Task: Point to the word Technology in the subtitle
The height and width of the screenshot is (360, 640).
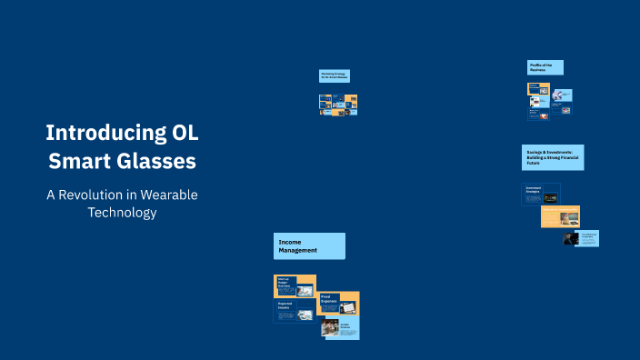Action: point(122,213)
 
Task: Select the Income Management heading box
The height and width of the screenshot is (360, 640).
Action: point(309,245)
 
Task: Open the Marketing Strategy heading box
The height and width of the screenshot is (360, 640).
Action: point(335,76)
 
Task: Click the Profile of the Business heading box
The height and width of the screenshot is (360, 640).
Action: point(545,67)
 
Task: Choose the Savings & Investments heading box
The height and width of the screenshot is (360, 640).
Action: point(552,156)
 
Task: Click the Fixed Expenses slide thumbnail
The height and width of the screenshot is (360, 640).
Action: point(338,303)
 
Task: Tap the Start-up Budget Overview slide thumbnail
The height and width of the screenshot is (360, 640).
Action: point(295,285)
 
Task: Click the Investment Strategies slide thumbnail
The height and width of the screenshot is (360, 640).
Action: point(541,194)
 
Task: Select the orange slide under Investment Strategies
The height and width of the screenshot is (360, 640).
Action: point(560,215)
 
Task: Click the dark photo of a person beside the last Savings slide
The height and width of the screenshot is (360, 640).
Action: point(571,238)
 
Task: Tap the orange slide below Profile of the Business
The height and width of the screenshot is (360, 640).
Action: point(538,90)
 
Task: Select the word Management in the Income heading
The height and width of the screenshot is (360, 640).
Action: point(297,250)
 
